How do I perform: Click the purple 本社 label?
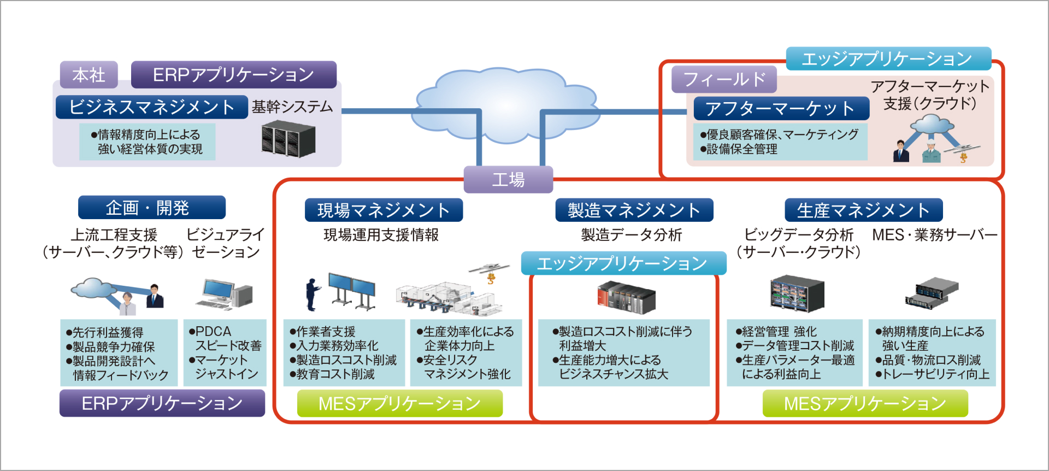pos(89,75)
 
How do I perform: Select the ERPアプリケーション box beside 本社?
pos(233,75)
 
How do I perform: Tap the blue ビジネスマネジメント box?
pos(151,107)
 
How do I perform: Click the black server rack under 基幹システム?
pos(288,139)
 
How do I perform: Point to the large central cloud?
pos(505,104)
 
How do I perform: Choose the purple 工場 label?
pos(508,180)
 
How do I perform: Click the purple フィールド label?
pos(724,80)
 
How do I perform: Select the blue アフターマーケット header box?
pos(781,108)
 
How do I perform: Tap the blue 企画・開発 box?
pos(151,208)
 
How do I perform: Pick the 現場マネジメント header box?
pos(384,210)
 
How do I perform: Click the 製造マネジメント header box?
pos(634,210)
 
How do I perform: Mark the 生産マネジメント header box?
pos(863,210)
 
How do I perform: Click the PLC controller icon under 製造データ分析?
pos(626,297)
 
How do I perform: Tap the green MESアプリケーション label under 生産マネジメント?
pos(865,404)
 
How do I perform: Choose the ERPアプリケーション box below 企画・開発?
pos(162,403)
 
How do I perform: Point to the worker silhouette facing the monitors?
pos(312,294)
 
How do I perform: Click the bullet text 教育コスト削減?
pos(335,374)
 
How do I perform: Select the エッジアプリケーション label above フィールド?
pos(888,58)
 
